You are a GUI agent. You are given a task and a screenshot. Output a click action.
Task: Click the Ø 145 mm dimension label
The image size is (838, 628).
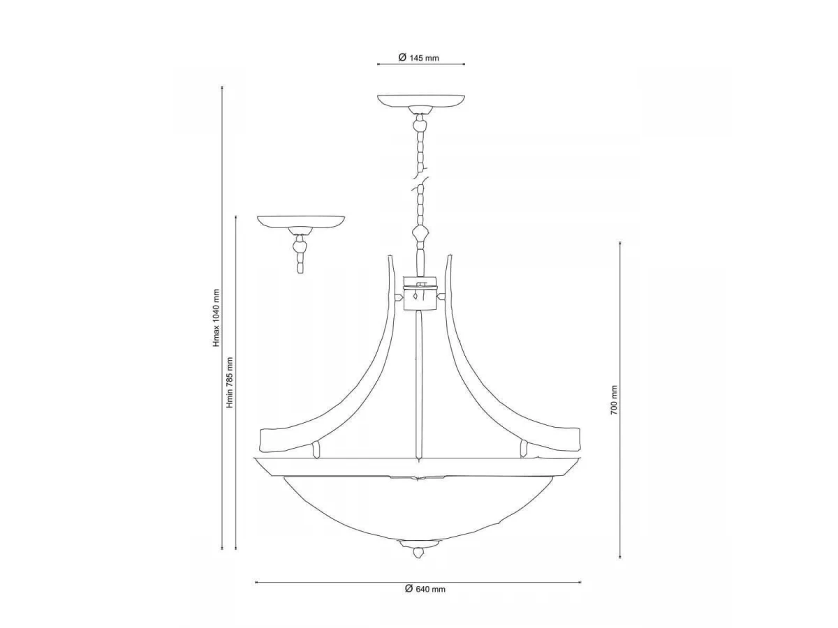pyautogui.click(x=418, y=58)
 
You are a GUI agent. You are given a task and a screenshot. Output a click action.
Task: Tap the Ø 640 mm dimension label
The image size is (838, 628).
pyautogui.click(x=425, y=589)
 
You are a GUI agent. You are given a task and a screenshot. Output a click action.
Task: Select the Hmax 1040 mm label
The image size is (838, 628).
pyautogui.click(x=217, y=318)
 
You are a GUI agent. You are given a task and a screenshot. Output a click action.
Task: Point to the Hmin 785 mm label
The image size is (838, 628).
pyautogui.click(x=230, y=382)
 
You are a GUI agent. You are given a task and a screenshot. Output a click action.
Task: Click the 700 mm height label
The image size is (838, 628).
pyautogui.click(x=614, y=400)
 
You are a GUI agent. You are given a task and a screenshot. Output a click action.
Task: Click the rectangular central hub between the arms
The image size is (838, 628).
pyautogui.click(x=420, y=293)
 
